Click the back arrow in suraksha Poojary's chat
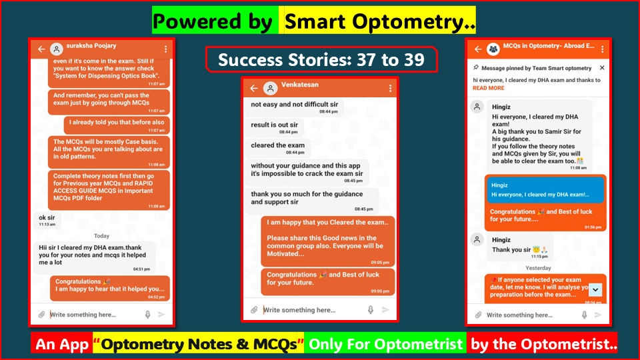[x=41, y=49]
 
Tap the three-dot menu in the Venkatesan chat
[x=391, y=89]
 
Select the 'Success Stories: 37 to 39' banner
[x=321, y=59]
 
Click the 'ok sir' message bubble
[x=47, y=219]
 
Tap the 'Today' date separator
[x=101, y=236]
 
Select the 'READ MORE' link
[x=489, y=88]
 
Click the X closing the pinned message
[x=602, y=68]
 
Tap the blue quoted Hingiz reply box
[x=545, y=189]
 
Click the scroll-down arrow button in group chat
[x=596, y=289]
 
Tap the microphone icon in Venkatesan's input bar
[x=371, y=310]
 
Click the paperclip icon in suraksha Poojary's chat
[x=41, y=315]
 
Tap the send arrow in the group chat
[x=598, y=315]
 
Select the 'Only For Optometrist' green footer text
[x=385, y=345]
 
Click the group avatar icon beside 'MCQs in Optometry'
[x=493, y=49]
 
